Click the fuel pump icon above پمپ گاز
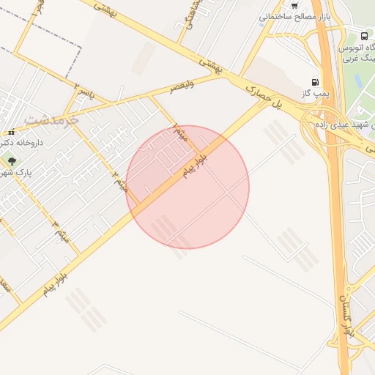[315, 82]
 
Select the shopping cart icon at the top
[294, 5]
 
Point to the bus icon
[365, 35]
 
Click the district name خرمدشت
[50, 119]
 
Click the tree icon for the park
[11, 160]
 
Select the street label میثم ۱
[180, 133]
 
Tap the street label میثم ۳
[63, 229]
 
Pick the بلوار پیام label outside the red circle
[55, 283]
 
